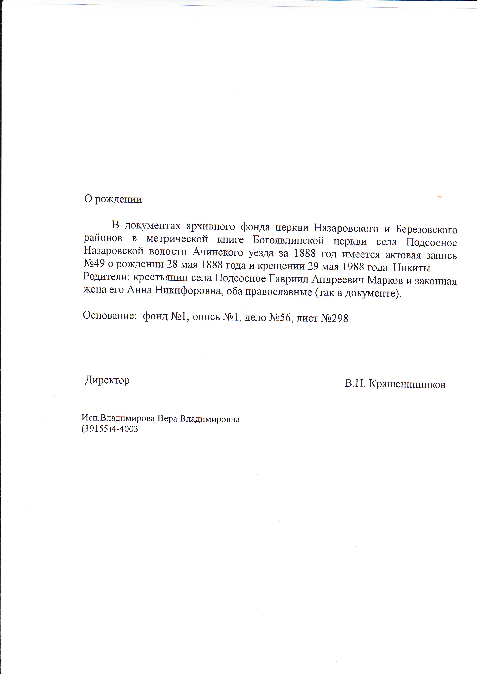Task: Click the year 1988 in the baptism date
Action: pos(357,267)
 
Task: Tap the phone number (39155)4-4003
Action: pos(110,429)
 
